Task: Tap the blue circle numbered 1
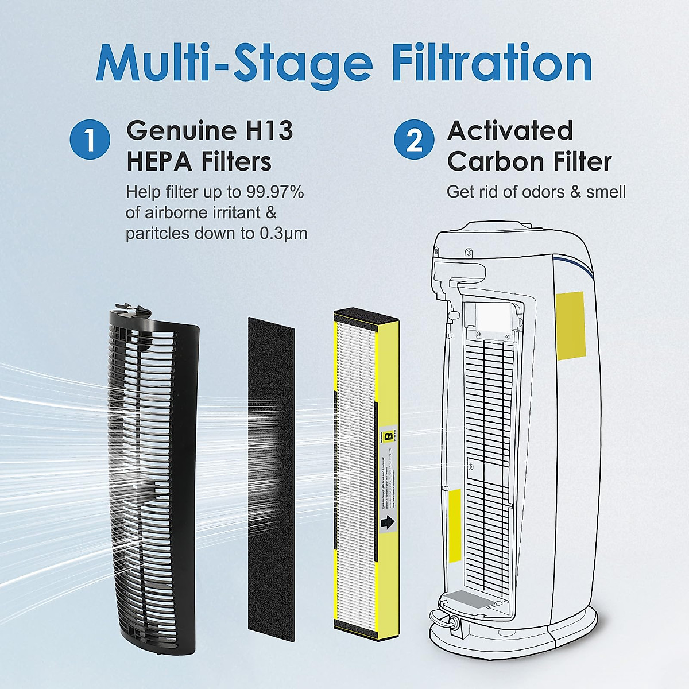click(x=90, y=141)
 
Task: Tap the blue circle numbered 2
click(x=415, y=141)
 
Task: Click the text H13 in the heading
click(x=266, y=131)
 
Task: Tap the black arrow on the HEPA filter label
click(x=388, y=522)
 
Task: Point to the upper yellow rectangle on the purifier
click(x=570, y=323)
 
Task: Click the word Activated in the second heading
click(x=510, y=131)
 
